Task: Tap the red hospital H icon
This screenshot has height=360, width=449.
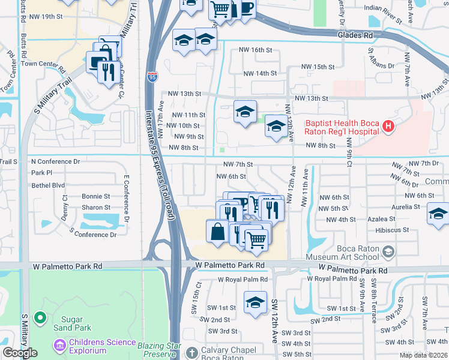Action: pos(388,126)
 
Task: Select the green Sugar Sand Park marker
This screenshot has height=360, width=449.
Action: pos(40,317)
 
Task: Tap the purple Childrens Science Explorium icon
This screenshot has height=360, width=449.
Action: pos(59,345)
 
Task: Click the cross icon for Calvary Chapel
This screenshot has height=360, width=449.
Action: pos(191,352)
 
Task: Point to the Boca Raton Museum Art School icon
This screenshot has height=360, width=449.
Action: pos(390,251)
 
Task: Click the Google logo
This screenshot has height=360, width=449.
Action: pos(20,353)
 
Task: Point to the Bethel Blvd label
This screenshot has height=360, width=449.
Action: pos(47,185)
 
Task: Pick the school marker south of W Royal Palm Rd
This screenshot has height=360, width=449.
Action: pos(255,303)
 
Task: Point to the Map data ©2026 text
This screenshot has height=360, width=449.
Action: pos(423,355)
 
